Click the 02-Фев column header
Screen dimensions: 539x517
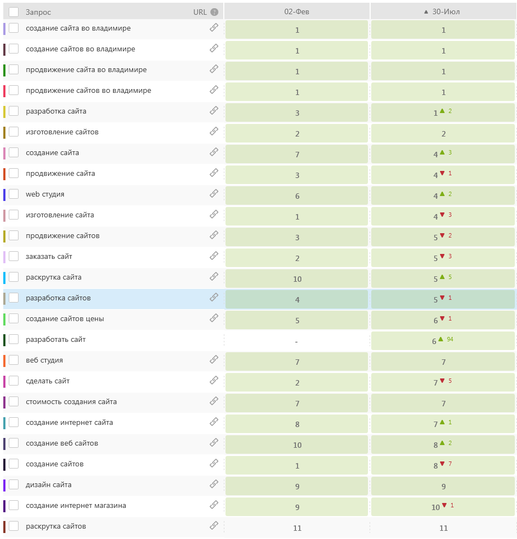[296, 11]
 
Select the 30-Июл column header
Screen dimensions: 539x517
[443, 11]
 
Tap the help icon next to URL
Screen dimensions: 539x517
[215, 12]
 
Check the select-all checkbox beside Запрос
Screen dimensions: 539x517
[14, 12]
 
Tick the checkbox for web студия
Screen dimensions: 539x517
[14, 194]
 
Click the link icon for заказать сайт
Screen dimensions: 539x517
[214, 256]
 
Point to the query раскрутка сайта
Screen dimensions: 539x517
[54, 277]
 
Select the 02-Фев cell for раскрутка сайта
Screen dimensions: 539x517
[297, 279]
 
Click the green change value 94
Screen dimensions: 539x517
[450, 339]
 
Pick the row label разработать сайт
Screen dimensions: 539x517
[56, 340]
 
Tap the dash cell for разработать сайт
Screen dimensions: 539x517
[296, 341]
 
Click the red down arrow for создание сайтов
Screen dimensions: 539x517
[442, 464]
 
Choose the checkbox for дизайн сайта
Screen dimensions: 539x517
[14, 484]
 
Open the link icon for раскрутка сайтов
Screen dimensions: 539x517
[214, 525]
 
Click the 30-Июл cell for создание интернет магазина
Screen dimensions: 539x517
[443, 507]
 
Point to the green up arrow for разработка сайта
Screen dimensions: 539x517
[442, 111]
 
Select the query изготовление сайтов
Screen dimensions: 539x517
[62, 132]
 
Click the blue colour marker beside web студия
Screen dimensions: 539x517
[4, 194]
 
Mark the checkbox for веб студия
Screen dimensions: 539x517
[14, 360]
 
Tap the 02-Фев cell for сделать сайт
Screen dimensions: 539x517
[297, 382]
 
